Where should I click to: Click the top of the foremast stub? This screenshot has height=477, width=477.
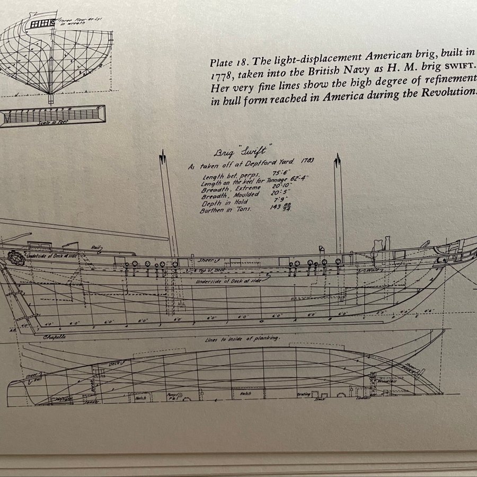(x=337, y=157)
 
